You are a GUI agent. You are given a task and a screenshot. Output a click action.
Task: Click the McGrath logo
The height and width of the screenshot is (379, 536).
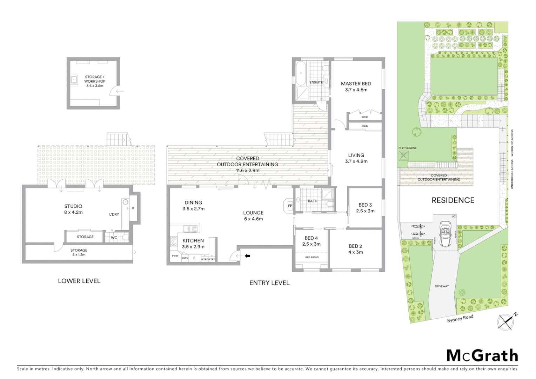click(482, 355)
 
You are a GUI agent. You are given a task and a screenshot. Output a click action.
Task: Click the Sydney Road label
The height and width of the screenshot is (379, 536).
click(460, 318)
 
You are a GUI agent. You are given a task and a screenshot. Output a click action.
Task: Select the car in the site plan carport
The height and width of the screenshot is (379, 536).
click(445, 232)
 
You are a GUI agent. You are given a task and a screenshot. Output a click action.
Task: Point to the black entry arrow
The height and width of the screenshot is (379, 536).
click(247, 256)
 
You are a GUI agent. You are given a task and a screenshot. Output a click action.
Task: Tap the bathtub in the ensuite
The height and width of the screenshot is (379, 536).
click(301, 73)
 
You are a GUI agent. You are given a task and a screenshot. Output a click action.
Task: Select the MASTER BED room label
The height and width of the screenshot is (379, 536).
click(356, 84)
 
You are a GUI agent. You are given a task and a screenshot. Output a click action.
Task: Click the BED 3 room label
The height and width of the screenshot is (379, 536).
click(365, 205)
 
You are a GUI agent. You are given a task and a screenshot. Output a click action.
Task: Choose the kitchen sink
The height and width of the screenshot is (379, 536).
click(190, 229)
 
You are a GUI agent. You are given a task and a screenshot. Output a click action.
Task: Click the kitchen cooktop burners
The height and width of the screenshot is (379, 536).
click(174, 241)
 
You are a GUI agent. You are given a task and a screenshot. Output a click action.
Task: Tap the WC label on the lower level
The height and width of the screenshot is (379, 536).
click(114, 238)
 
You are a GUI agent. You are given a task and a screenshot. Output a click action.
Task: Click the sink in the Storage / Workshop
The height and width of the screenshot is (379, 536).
click(74, 80)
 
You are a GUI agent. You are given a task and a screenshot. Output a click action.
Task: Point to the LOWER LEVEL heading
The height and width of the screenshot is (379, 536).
click(79, 281)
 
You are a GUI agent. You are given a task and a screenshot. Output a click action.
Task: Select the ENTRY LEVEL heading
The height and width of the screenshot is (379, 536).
click(269, 283)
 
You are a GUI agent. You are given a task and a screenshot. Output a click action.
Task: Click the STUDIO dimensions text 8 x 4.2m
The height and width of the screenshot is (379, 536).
click(73, 212)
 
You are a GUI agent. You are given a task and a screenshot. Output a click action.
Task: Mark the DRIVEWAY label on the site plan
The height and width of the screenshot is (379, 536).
click(442, 286)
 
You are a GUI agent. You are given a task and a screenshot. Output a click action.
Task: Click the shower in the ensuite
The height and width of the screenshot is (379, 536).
click(302, 93)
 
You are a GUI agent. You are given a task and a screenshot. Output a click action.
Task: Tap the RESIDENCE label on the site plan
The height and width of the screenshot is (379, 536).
click(453, 200)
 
